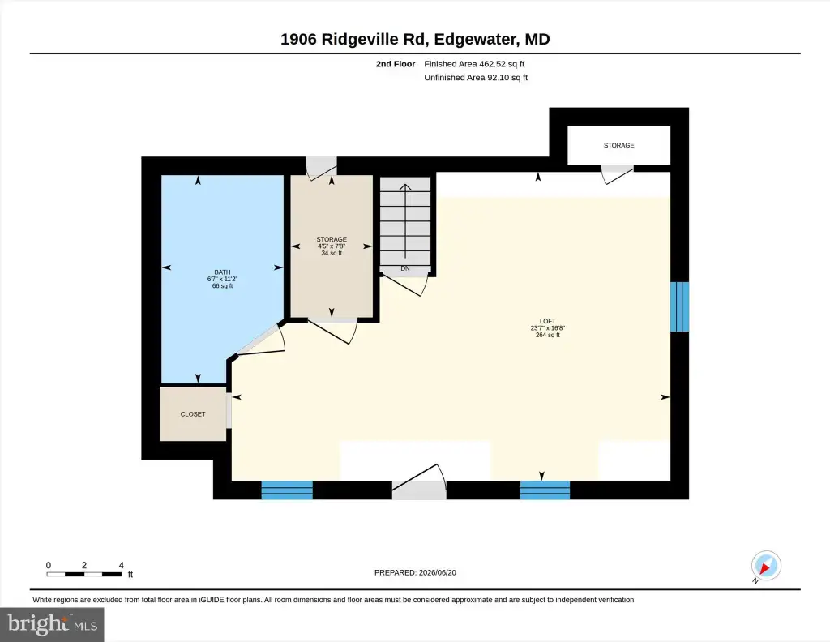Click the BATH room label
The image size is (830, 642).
pos(222,272)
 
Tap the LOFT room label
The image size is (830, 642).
pos(547,321)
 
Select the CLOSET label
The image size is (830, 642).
pos(193,414)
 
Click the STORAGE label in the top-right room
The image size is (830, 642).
pos(618,145)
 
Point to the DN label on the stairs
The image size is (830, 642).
pos(405,268)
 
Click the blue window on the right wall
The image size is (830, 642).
pos(680,307)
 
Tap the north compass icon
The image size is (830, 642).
pos(766,566)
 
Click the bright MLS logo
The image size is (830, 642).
pos(52,624)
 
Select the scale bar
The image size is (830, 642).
pos(84,574)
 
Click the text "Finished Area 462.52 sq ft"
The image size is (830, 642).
pos(474,64)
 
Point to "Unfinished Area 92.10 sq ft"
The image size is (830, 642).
pos(476,77)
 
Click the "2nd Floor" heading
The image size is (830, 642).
pos(396,64)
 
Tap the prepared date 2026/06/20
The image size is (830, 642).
pos(437,572)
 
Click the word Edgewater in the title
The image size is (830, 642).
pos(475,40)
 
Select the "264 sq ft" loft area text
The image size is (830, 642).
pos(547,335)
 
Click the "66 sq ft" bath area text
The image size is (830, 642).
pos(222,286)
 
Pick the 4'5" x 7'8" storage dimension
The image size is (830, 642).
pos(332,246)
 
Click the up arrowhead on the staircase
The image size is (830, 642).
pos(405,186)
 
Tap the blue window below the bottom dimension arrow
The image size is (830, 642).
pos(545,490)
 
